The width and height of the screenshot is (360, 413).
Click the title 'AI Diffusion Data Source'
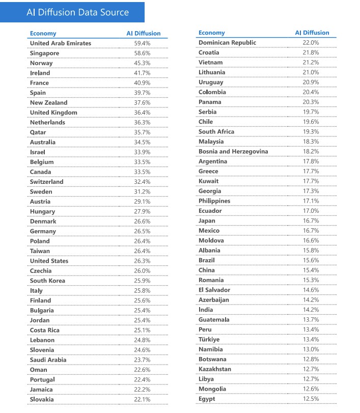coord(77,12)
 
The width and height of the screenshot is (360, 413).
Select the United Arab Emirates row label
coord(60,43)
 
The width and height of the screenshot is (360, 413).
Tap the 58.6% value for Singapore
coord(142,53)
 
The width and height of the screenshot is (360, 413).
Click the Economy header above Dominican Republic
coord(211,33)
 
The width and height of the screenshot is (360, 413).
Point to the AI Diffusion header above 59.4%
coord(143,34)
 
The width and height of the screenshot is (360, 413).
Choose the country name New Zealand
coord(48,102)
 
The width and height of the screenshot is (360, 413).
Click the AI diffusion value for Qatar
coord(142,132)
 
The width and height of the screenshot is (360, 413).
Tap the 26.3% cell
coord(142,261)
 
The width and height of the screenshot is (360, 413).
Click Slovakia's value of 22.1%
coord(142,399)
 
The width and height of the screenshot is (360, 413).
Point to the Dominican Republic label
coord(227,42)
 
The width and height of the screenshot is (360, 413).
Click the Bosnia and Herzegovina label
coord(233,151)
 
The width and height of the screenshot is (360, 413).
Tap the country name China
coord(207,270)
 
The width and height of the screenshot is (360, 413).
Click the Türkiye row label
coord(209,340)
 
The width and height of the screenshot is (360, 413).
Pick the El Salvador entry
coord(214,290)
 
